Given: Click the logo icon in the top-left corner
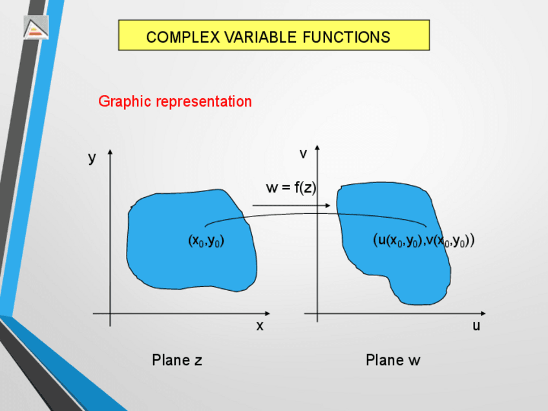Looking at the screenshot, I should [x=36, y=27].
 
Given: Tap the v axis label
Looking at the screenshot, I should [x=302, y=154].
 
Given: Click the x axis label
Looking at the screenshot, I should [x=260, y=326].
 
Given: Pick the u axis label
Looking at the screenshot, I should [x=476, y=326].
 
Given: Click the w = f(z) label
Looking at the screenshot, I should [x=291, y=188].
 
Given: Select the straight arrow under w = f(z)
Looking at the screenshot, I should [x=291, y=205].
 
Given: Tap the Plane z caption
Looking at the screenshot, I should [x=177, y=360].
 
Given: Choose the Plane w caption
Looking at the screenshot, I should [x=393, y=360].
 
